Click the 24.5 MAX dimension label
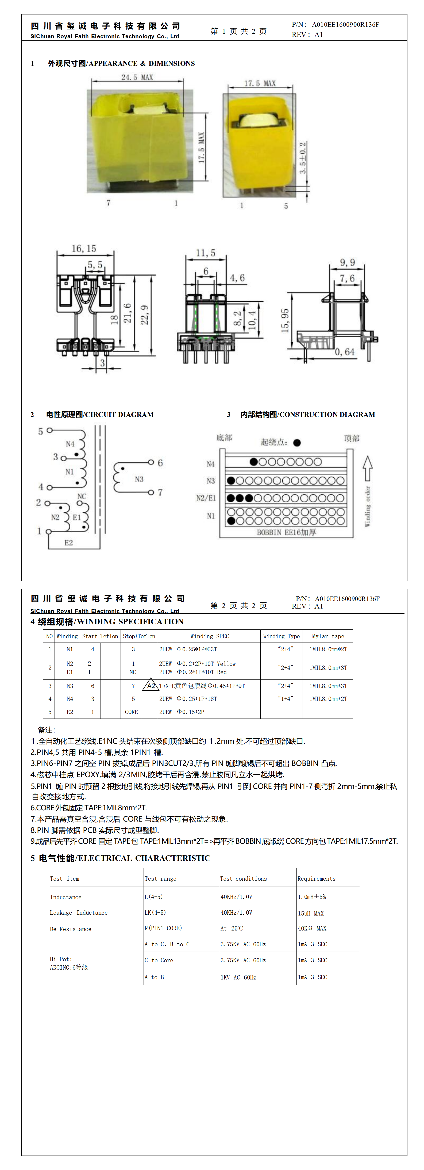(x=137, y=77)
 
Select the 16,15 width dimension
(x=84, y=248)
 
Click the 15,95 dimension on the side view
(x=285, y=321)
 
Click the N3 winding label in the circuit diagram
(x=139, y=479)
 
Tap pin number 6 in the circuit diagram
(x=160, y=463)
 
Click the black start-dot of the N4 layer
(x=254, y=462)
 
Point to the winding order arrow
(x=368, y=468)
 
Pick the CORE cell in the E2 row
(x=131, y=712)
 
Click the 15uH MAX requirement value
(x=311, y=913)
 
